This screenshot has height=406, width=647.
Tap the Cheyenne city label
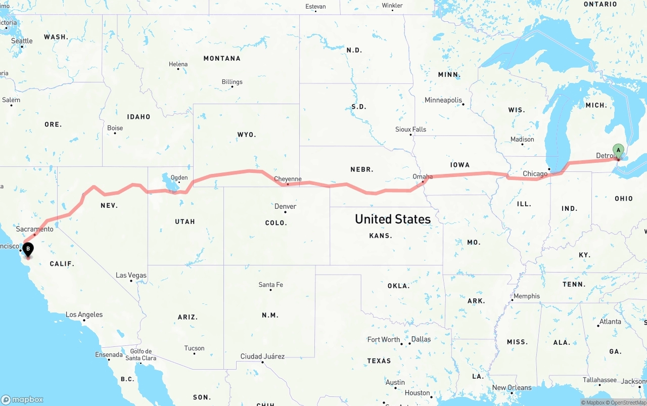click(288, 179)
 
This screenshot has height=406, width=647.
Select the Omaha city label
click(423, 176)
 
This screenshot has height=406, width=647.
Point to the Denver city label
click(285, 206)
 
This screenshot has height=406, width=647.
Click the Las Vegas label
click(131, 275)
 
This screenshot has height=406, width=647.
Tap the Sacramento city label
click(34, 229)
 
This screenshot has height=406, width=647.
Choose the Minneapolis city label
click(443, 100)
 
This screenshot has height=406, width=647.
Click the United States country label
click(393, 219)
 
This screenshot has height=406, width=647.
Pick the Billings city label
click(232, 82)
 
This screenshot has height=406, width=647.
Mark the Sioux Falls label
click(410, 129)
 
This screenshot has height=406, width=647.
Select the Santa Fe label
click(270, 285)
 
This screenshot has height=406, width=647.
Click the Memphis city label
click(526, 296)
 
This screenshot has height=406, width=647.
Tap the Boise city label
click(115, 128)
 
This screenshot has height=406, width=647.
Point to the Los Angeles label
click(84, 314)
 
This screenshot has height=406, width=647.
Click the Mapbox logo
click(22, 399)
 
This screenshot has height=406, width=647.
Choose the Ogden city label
click(179, 177)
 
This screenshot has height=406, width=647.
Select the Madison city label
click(522, 139)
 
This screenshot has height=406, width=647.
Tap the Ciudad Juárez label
click(262, 356)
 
